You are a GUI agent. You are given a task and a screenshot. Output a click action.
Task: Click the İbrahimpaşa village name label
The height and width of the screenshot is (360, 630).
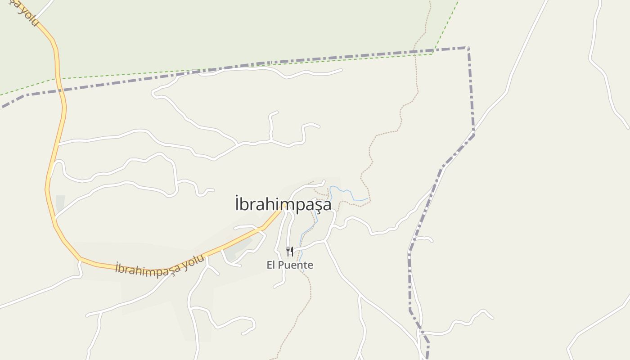[x=283, y=204]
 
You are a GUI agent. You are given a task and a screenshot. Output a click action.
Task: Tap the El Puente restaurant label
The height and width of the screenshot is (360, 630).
[x=290, y=265]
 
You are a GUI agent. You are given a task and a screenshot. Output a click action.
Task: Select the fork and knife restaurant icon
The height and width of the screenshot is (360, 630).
[x=290, y=252]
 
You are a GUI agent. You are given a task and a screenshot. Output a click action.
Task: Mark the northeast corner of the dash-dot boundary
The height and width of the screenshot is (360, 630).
[x=468, y=48]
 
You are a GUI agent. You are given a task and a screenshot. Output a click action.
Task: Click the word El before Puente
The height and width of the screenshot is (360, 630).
[x=270, y=265]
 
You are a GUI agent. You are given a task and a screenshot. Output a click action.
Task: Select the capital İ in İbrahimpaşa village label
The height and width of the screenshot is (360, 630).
[x=237, y=204]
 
